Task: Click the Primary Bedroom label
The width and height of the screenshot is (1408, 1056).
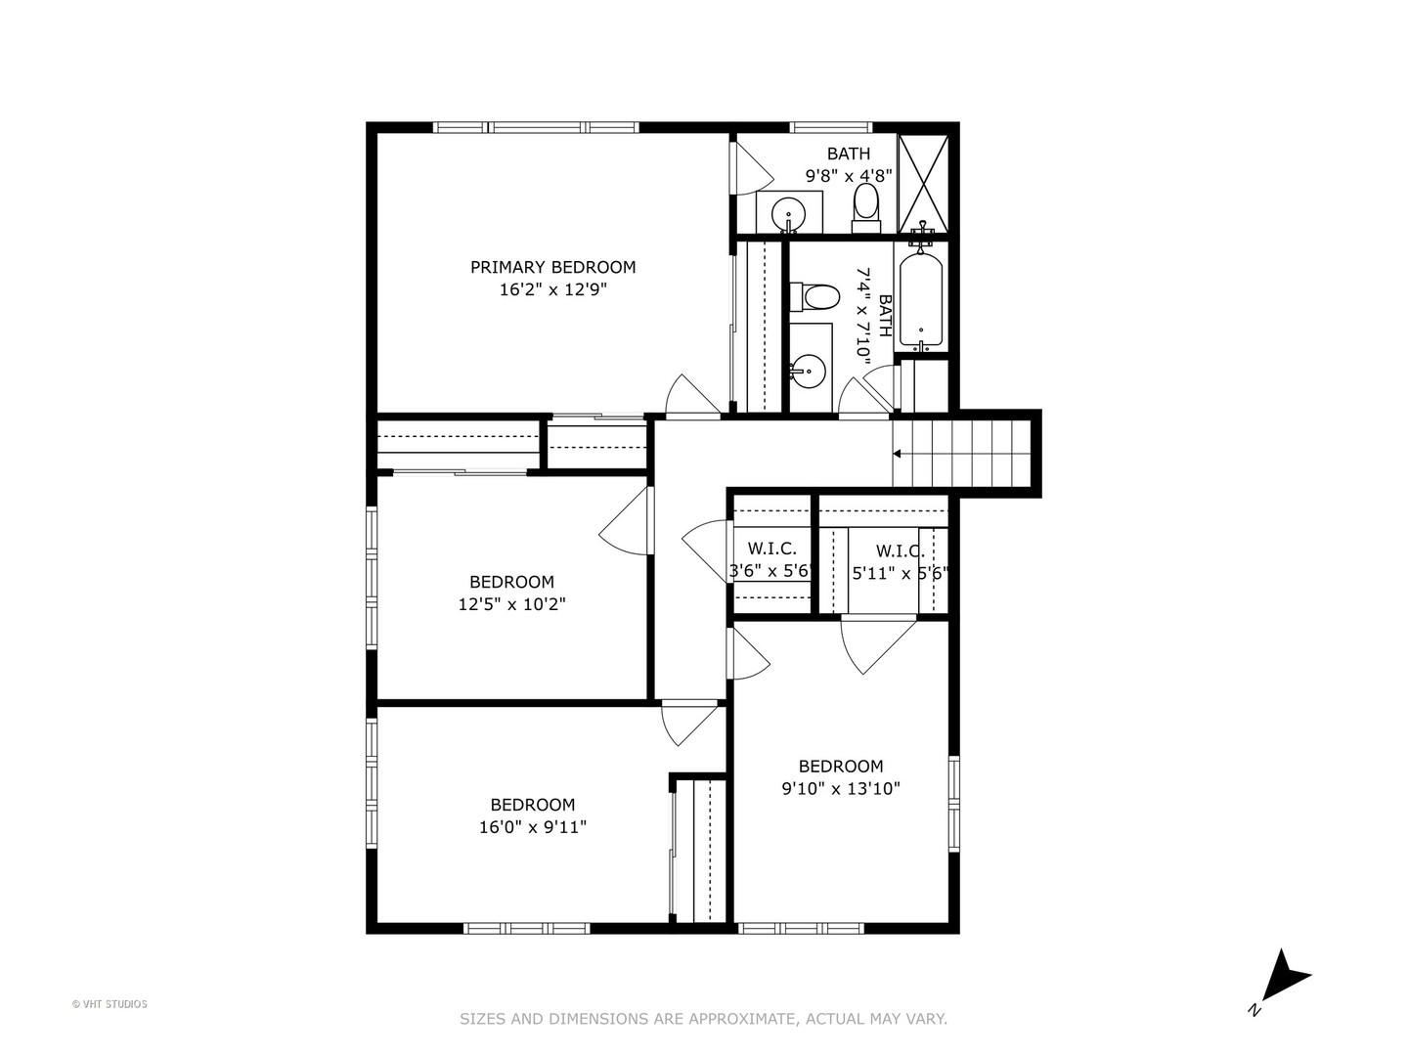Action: (x=553, y=267)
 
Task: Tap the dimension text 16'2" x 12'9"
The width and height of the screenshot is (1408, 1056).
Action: (x=553, y=289)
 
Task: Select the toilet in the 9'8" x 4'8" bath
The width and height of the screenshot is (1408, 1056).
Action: (x=866, y=208)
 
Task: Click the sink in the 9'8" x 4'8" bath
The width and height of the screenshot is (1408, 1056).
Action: (x=788, y=213)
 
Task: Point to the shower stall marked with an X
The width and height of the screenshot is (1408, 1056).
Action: (x=922, y=184)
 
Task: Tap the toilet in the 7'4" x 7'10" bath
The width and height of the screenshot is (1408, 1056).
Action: (x=814, y=297)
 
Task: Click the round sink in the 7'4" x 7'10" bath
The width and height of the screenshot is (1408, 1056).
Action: (x=807, y=372)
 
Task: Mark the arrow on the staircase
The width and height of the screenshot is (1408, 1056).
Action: (x=897, y=454)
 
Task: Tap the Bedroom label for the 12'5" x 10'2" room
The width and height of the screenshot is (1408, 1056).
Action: (x=512, y=582)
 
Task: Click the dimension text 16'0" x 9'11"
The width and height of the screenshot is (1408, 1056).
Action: (x=533, y=827)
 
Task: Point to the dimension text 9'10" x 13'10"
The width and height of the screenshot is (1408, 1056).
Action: (x=841, y=788)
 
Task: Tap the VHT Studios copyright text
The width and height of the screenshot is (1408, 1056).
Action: (x=110, y=1004)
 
